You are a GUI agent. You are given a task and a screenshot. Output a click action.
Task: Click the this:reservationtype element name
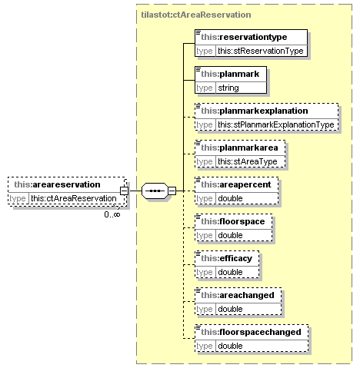244,37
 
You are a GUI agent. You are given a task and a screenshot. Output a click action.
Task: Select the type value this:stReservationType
261,51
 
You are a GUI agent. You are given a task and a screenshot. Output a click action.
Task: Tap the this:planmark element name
230,74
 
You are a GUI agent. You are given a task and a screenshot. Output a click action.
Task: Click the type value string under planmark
228,88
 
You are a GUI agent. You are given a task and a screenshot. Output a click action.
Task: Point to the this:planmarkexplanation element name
255,111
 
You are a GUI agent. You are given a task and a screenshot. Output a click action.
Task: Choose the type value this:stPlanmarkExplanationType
276,124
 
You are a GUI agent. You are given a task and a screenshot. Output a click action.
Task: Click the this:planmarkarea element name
239,148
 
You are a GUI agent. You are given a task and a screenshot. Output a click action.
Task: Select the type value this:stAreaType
248,161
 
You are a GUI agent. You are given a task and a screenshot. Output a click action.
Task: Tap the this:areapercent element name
236,184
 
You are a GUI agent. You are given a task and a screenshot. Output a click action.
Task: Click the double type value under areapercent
230,198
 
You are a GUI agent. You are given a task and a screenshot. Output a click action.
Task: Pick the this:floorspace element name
233,221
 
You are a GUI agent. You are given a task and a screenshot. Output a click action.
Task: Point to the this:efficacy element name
227,258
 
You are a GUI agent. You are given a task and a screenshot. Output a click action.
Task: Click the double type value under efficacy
230,272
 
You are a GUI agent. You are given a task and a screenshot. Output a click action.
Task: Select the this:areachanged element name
238,295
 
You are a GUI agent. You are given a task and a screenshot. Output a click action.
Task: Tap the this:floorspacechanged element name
251,332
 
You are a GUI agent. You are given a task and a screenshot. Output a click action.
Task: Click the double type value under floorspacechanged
230,346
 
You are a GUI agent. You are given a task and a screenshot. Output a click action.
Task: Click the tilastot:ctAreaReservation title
196,15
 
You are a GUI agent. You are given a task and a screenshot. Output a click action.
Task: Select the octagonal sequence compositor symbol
155,191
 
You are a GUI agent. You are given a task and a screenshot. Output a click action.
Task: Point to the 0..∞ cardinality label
112,214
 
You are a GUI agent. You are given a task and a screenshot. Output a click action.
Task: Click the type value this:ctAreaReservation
74,198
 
